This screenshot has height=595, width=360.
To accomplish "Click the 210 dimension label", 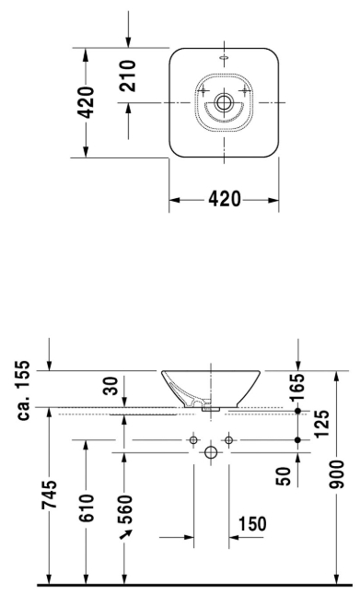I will (x=128, y=76).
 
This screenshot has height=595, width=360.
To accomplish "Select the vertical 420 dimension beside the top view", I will (x=85, y=102).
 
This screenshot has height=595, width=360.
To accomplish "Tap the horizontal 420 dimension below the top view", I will (x=224, y=200).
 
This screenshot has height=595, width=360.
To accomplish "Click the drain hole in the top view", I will (x=223, y=102).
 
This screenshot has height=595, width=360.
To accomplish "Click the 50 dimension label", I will (x=285, y=474).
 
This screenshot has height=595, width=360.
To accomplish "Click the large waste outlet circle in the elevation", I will (x=210, y=453).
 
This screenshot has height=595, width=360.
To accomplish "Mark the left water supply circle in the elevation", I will (x=192, y=440).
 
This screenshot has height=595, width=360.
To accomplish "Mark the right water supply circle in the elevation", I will (x=228, y=440).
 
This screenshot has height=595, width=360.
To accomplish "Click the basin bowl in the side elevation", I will (x=211, y=387).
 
